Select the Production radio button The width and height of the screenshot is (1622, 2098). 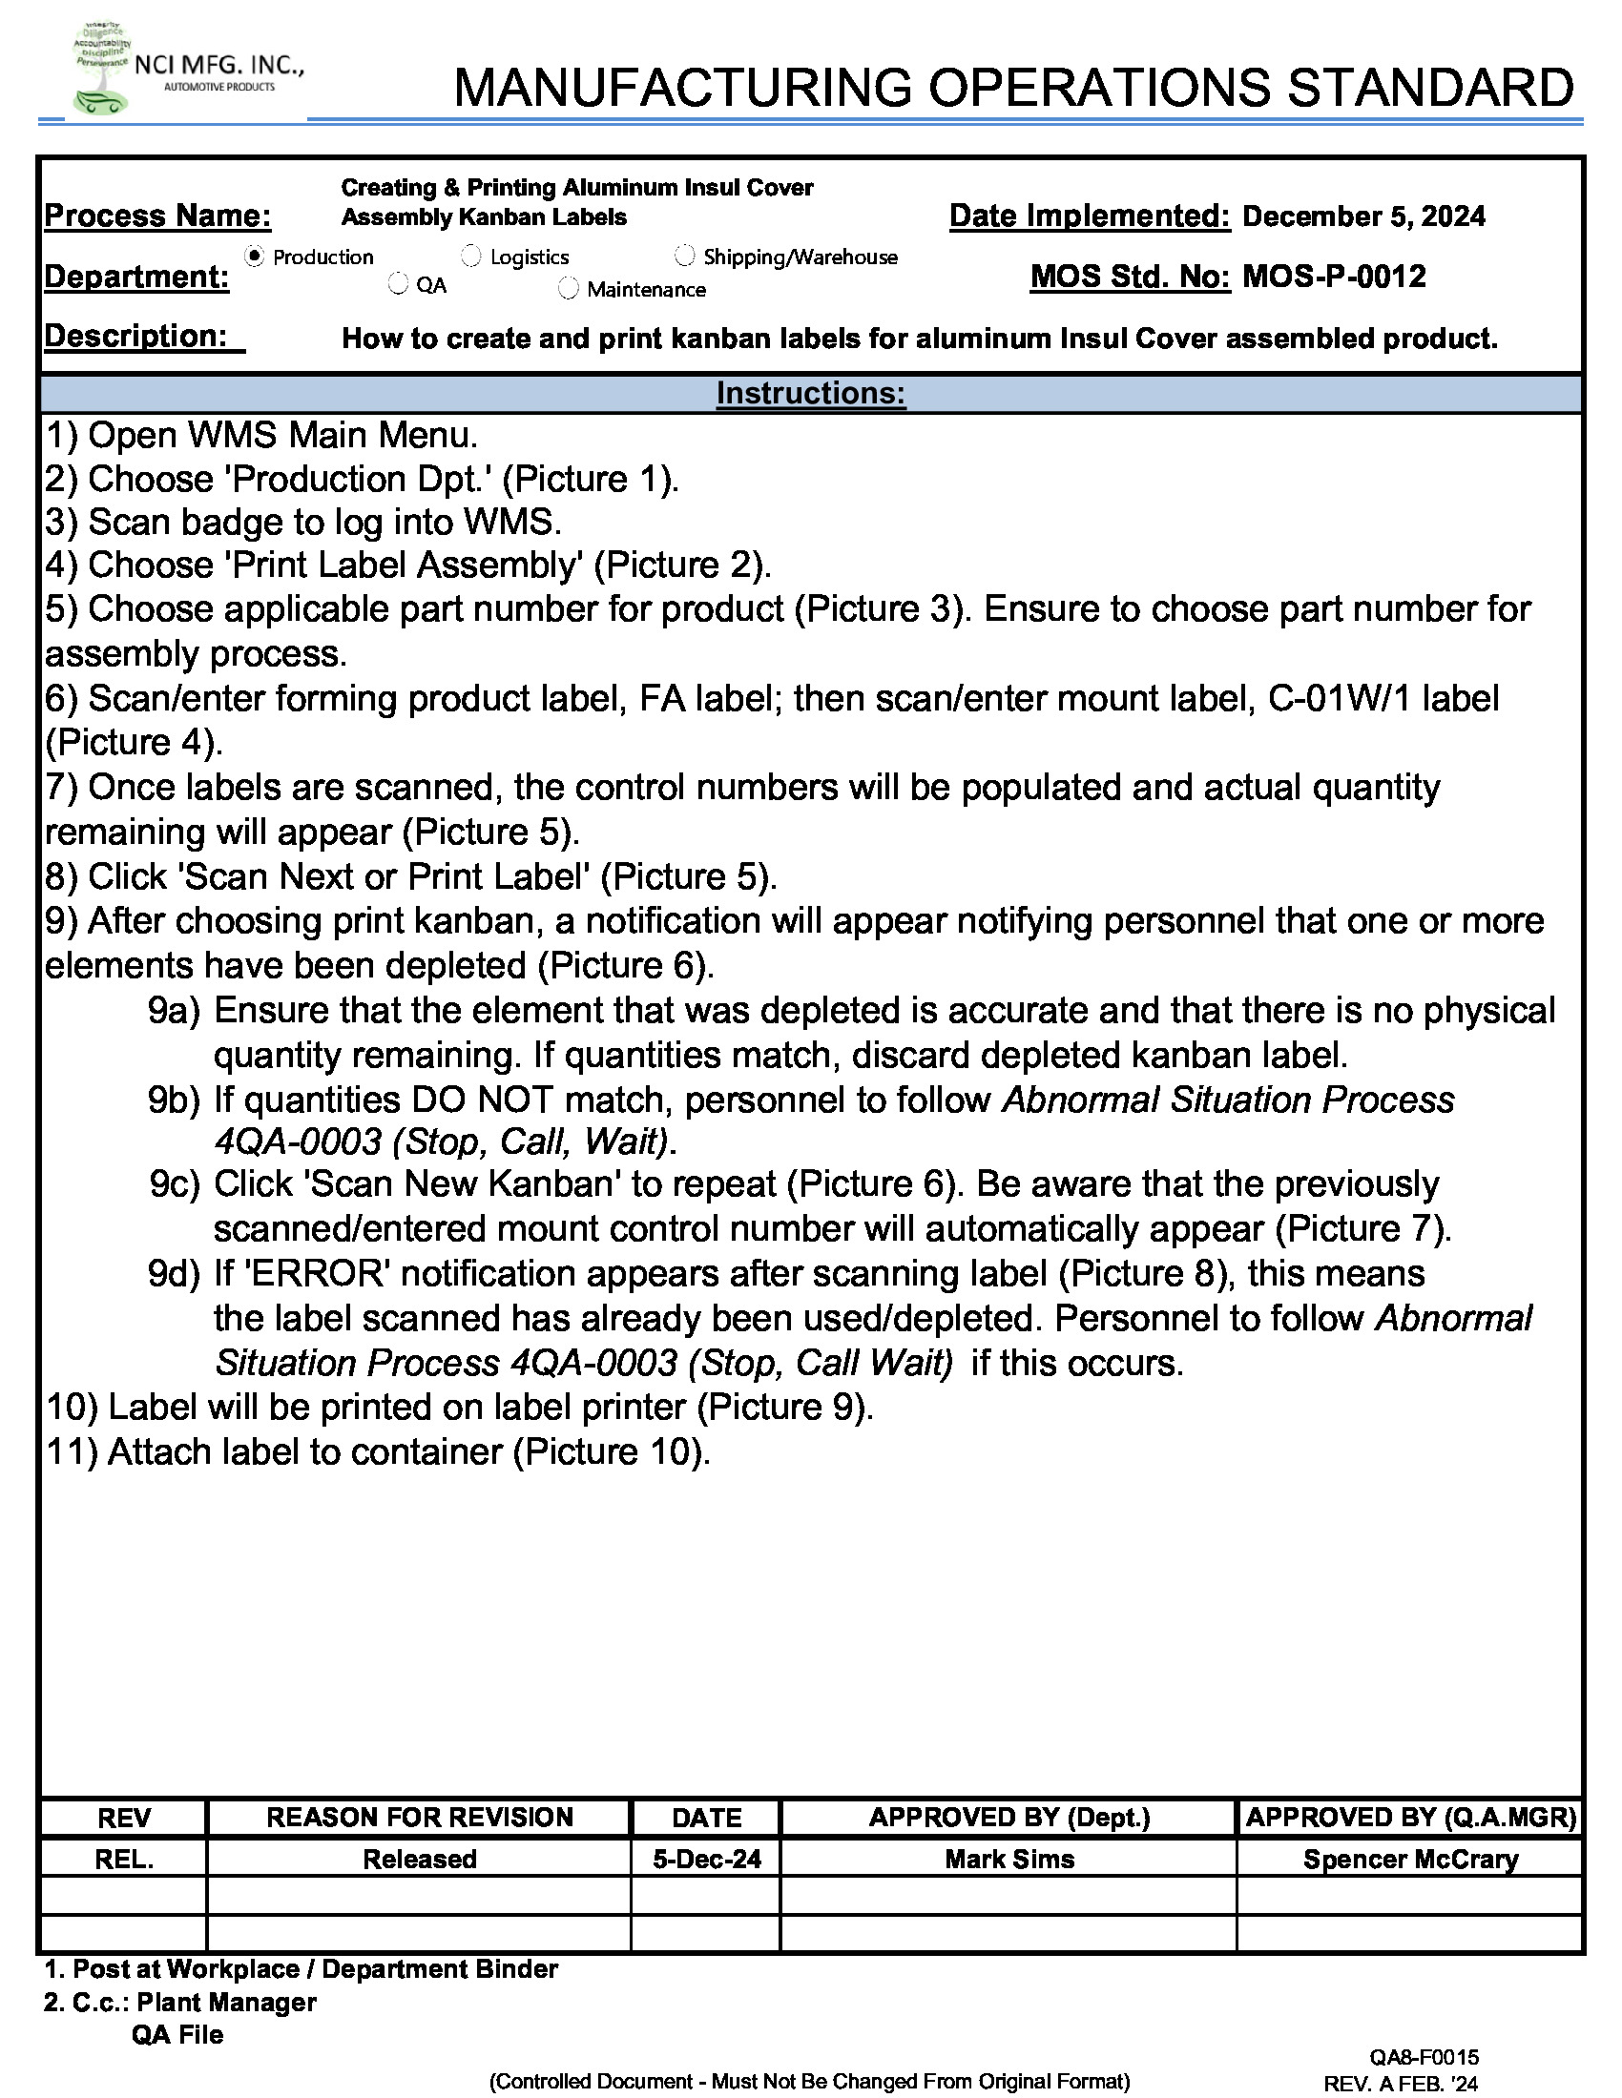(255, 257)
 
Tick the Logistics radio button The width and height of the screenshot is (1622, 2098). (471, 256)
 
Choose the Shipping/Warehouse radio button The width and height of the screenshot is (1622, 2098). (685, 256)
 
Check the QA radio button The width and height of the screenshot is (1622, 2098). (399, 284)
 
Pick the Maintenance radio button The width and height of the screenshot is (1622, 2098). (569, 288)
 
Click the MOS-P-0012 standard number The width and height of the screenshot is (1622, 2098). (1334, 277)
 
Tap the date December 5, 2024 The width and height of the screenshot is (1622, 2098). (1362, 216)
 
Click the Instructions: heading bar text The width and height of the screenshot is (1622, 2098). (810, 393)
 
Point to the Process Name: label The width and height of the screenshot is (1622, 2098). (157, 216)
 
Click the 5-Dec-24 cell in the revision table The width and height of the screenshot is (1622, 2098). (706, 1859)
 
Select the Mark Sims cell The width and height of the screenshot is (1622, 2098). (1009, 1859)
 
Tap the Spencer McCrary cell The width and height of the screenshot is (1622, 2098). (1409, 1859)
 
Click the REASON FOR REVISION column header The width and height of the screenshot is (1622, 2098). (419, 1817)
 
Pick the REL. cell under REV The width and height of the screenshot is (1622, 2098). (124, 1859)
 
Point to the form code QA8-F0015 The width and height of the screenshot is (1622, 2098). (1424, 2057)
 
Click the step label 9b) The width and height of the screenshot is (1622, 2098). (174, 1100)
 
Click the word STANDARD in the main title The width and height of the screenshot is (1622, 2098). (1430, 89)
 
